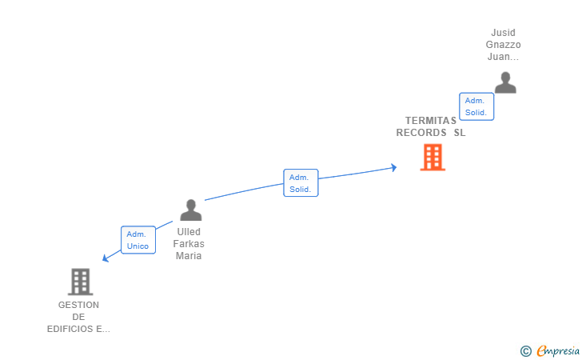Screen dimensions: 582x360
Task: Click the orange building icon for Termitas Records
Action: tap(433, 158)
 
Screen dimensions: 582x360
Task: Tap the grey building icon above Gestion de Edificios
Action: tap(80, 282)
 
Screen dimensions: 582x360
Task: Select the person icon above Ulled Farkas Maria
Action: tap(190, 210)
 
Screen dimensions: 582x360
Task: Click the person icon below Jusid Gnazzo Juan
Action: tap(504, 82)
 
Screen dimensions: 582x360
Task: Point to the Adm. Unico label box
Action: tap(137, 240)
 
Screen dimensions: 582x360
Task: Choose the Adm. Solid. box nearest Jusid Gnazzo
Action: tap(476, 106)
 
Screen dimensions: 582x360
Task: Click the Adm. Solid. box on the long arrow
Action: tap(301, 183)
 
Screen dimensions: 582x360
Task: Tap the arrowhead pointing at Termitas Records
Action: tap(393, 167)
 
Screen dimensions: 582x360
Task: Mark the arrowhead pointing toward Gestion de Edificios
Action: tap(106, 258)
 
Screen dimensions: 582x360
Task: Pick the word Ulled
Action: tap(189, 232)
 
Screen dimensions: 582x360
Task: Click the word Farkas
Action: tap(189, 244)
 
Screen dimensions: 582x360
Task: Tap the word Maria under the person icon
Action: tap(189, 256)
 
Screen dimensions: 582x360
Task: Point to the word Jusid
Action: tap(504, 33)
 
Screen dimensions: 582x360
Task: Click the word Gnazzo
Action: tap(504, 45)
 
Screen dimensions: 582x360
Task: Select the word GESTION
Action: tap(78, 305)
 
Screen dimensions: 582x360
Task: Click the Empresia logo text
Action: tap(558, 350)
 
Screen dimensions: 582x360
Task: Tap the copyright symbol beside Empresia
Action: tap(525, 350)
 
